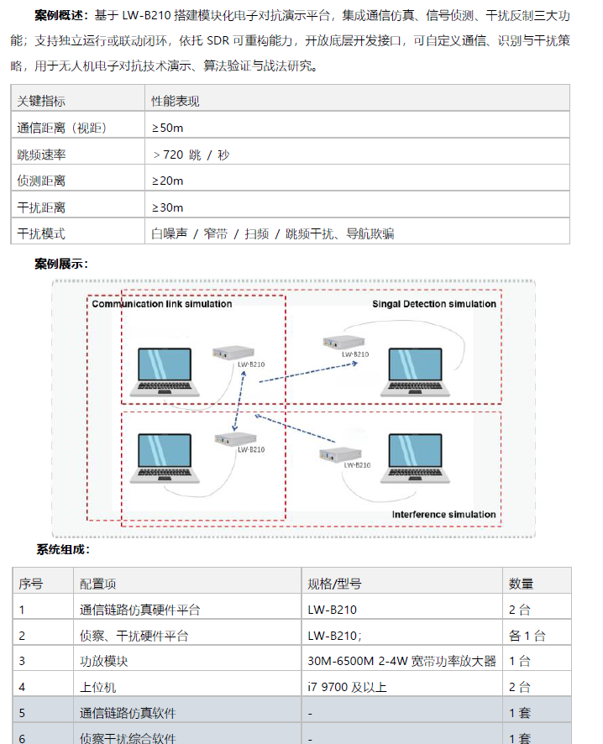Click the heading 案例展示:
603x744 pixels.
pos(61,264)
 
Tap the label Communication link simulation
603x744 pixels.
pos(162,304)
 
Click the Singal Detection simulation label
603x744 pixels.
pos(434,304)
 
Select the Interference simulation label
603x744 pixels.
pos(443,515)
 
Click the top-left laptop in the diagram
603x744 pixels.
pos(165,371)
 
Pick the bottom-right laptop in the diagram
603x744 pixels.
pos(415,458)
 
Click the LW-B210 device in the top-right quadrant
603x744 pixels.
pos(344,342)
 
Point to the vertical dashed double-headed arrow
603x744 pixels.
pos(239,401)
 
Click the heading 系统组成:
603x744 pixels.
pos(63,549)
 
